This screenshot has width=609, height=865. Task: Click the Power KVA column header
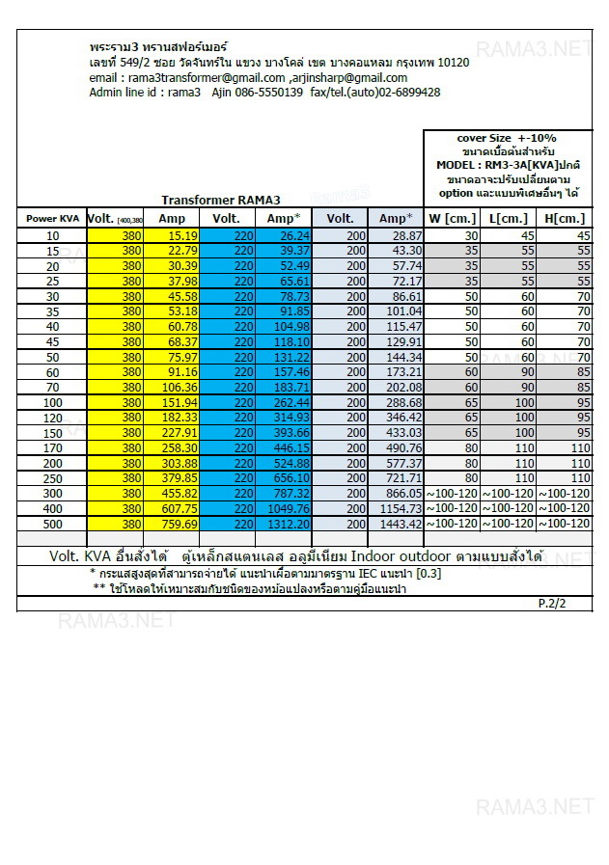tap(52, 219)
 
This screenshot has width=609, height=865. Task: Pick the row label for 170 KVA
tap(52, 448)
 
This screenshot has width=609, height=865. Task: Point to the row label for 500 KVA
tap(52, 524)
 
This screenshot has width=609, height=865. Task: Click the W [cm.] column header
tap(453, 219)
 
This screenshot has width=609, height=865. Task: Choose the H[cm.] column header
tap(565, 219)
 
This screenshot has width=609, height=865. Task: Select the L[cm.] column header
tap(508, 219)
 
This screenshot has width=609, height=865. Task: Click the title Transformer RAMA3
tap(220, 201)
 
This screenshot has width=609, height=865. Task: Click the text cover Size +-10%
tap(507, 138)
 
